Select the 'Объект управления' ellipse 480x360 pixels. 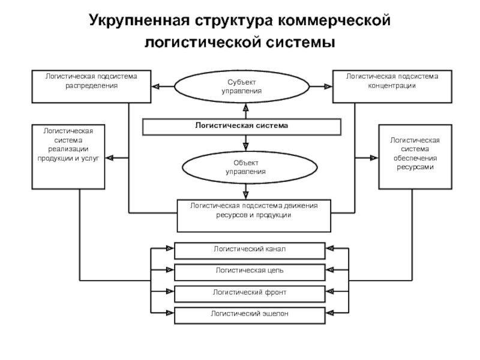pos(245,167)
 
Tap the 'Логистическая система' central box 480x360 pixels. pos(241,127)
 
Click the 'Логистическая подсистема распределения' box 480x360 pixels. pos(91,86)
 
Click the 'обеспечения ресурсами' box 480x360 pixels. pos(415,157)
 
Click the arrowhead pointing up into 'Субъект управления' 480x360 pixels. pos(245,107)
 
